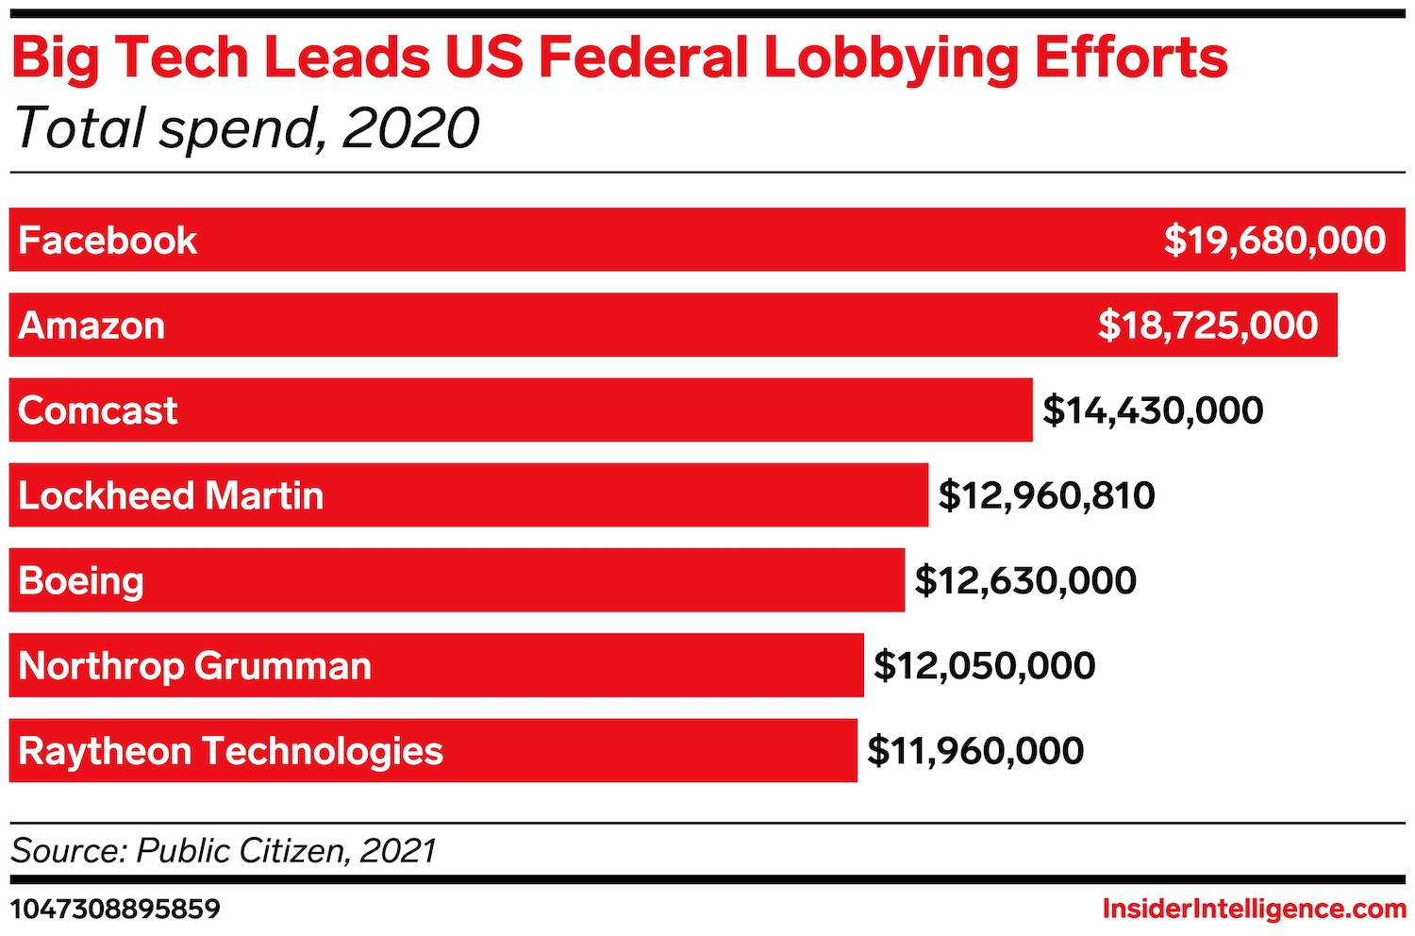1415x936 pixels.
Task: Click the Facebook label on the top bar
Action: (x=108, y=241)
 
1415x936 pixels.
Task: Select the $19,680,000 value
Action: (x=1274, y=241)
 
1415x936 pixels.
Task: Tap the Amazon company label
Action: (x=92, y=326)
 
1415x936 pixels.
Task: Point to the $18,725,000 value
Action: (x=1207, y=326)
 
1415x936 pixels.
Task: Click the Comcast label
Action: (x=97, y=410)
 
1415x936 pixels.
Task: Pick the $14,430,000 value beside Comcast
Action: (x=1153, y=410)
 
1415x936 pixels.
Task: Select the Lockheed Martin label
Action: (x=171, y=495)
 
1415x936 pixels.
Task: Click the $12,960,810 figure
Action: (x=1046, y=495)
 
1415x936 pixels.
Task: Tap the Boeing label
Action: (x=81, y=581)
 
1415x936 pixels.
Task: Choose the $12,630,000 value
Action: (x=1025, y=580)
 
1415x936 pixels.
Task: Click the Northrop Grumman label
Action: (x=194, y=666)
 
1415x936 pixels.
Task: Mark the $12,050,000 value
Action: (x=984, y=666)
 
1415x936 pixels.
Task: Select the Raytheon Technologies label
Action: (x=230, y=751)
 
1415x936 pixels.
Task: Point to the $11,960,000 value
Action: (x=975, y=751)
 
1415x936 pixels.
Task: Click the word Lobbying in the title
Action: (x=891, y=58)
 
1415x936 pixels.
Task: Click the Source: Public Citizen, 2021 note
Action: (x=224, y=851)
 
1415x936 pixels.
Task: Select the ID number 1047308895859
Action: (x=115, y=910)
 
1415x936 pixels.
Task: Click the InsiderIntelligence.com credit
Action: (x=1254, y=910)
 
